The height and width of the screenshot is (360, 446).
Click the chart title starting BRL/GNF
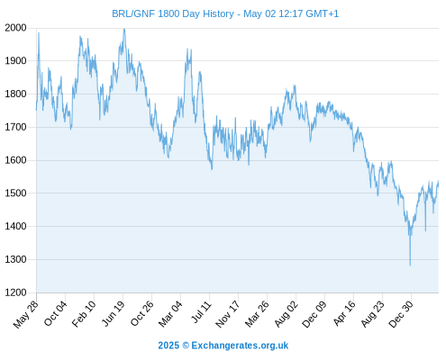225,13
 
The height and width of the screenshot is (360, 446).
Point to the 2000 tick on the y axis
15,28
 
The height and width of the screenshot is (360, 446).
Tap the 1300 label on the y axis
15,259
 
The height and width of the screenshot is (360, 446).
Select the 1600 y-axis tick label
15,160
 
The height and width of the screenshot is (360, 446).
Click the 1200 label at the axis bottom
15,292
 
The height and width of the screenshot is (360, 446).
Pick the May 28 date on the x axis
26,314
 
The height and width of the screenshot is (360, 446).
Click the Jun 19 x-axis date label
114,313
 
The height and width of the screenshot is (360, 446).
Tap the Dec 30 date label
401,314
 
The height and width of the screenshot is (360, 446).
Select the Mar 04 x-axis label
170,314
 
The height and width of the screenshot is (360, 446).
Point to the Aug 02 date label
287,314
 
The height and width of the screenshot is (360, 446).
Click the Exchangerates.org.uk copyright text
223,346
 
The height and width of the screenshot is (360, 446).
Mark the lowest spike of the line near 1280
410,265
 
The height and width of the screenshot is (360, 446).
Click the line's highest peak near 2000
124,29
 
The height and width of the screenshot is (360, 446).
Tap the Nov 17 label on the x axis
228,314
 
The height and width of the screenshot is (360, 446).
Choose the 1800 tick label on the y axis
15,94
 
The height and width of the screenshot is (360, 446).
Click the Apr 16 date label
344,313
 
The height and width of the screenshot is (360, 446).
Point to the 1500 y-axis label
15,193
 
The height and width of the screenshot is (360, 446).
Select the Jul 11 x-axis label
202,312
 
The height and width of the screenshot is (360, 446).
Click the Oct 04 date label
55,313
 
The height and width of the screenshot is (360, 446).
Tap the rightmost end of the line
439,181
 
